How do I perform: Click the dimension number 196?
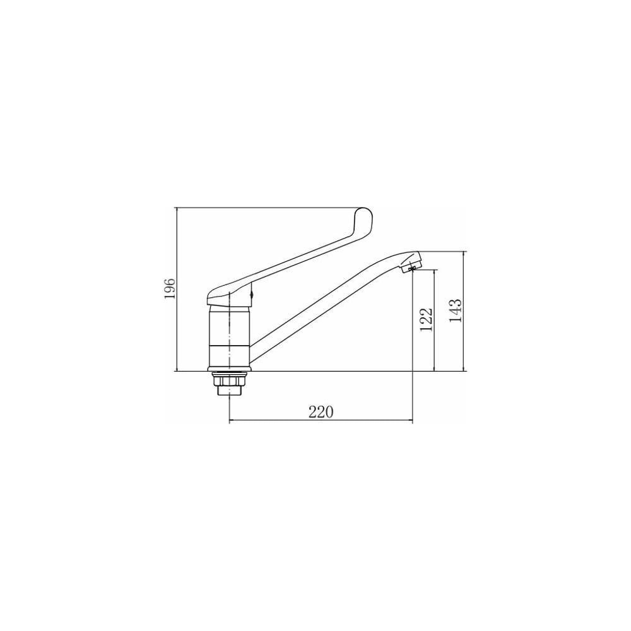170,288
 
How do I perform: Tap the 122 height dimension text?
426,319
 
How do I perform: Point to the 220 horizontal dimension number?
321,412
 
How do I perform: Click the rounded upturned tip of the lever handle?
362,214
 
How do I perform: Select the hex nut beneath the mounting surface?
229,379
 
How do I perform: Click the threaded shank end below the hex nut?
229,390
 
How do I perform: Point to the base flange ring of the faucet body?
229,369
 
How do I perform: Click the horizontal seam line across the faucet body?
229,345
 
